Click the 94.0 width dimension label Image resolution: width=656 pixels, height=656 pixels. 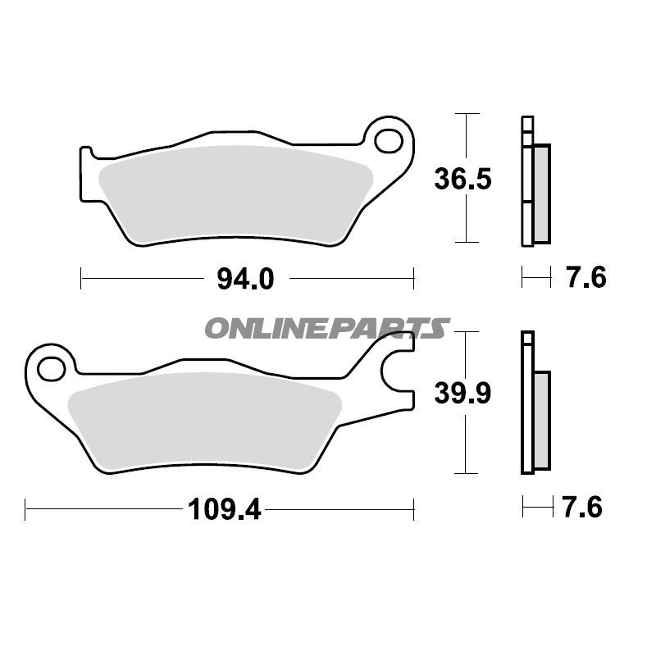pos(244,279)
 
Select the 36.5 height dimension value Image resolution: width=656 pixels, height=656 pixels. pos(463,177)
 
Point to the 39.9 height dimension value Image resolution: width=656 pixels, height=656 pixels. pos(463,394)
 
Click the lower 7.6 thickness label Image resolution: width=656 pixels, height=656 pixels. pos(582,508)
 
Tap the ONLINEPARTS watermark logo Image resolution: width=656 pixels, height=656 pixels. pos(326,329)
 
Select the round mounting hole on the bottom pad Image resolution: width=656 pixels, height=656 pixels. pos(50,367)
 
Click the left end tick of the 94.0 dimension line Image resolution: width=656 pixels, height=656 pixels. pos(81,279)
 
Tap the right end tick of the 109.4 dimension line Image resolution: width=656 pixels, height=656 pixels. pos(413,510)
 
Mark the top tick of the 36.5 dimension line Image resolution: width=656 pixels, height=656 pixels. pos(466,113)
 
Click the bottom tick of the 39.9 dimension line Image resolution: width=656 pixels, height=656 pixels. pos(466,473)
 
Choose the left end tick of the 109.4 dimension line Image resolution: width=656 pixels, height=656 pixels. pos(26,510)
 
